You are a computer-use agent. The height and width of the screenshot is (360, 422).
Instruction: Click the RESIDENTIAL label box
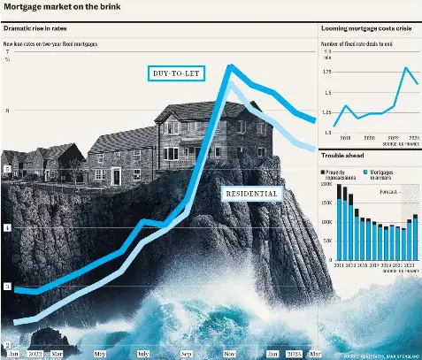pyautogui.click(x=252, y=193)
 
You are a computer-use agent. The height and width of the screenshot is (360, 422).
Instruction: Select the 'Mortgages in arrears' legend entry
pyautogui.click(x=383, y=173)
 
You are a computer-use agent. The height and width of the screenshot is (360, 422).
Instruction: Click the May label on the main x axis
pyautogui.click(x=100, y=354)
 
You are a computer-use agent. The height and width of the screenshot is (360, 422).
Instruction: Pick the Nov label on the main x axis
pyautogui.click(x=228, y=354)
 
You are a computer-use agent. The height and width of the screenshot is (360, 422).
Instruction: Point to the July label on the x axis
pyautogui.click(x=143, y=354)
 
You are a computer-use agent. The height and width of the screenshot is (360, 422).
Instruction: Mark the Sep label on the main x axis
pyautogui.click(x=187, y=354)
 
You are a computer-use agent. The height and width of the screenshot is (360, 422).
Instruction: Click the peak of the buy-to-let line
pyautogui.click(x=230, y=66)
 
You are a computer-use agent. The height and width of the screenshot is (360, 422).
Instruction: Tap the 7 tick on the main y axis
pyautogui.click(x=7, y=53)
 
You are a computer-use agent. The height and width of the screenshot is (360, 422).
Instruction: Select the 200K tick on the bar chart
pyautogui.click(x=327, y=186)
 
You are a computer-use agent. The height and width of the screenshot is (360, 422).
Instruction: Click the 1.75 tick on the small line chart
pyautogui.click(x=327, y=72)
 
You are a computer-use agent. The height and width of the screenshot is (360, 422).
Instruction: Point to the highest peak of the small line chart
pyautogui.click(x=406, y=68)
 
